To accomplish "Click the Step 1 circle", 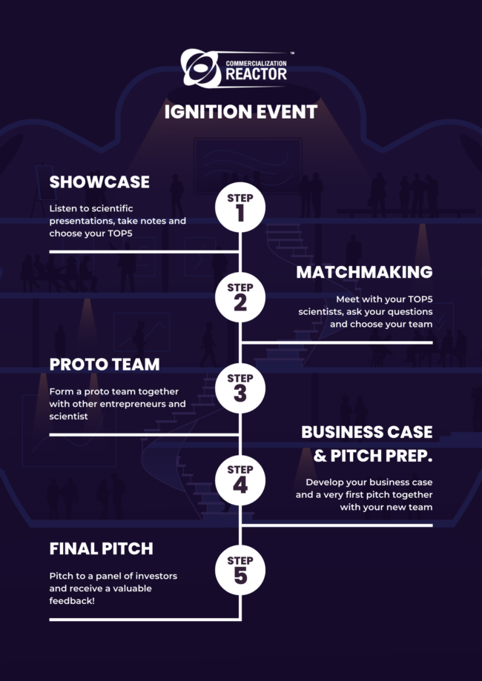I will [x=240, y=207].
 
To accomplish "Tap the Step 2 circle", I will [x=240, y=297].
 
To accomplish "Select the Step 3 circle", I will [x=240, y=388].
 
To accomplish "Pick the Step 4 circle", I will [x=240, y=479].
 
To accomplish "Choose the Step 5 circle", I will [x=240, y=570].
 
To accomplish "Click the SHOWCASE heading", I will [x=99, y=182].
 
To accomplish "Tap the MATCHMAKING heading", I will [x=364, y=272].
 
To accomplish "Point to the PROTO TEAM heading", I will [x=105, y=365].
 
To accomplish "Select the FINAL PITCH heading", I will [x=101, y=549].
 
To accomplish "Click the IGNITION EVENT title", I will [x=240, y=112].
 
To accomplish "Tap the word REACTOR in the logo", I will [x=256, y=75].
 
